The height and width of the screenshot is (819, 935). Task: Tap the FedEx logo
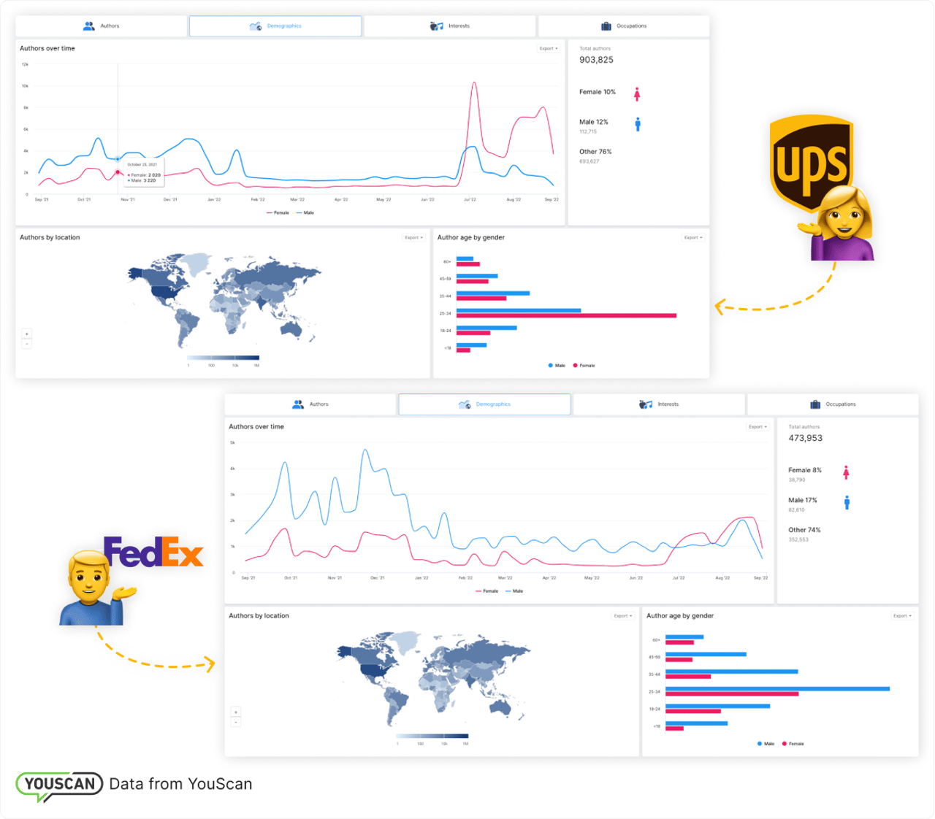[x=153, y=553]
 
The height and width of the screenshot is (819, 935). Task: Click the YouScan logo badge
[x=59, y=785]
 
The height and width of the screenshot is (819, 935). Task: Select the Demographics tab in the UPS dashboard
[x=275, y=26]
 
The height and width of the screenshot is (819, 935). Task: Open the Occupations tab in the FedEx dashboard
[x=833, y=404]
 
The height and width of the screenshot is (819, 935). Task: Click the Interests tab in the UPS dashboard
[x=450, y=26]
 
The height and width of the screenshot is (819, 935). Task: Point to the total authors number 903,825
[x=596, y=60]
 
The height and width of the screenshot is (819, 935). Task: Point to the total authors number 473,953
[x=805, y=438]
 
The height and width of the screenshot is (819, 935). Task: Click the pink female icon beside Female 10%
[x=637, y=93]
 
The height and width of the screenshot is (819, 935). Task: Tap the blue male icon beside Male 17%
[x=847, y=502]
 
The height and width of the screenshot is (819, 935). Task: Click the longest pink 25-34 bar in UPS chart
[x=566, y=316]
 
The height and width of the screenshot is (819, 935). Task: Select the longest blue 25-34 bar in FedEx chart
[x=777, y=688]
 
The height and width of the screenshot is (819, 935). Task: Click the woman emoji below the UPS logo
[x=842, y=223]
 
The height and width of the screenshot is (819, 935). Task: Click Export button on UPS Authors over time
[x=549, y=49]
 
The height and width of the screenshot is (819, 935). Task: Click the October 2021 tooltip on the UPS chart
[x=143, y=172]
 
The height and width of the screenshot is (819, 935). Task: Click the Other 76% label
[x=595, y=152]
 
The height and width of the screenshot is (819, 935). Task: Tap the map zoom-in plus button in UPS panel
[x=27, y=334]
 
